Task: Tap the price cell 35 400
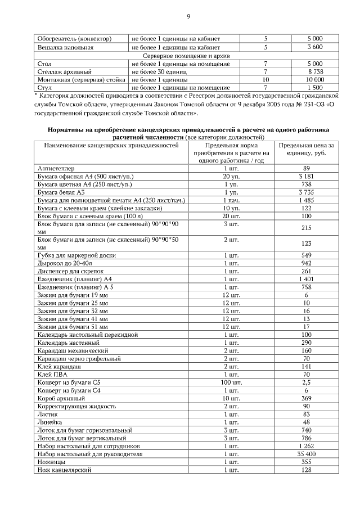[x=306, y=453]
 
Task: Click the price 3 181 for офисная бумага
[x=306, y=176]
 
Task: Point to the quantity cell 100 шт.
[x=231, y=382]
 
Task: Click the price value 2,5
[x=306, y=382]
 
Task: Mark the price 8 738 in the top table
[x=315, y=72]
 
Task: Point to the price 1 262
[x=306, y=445]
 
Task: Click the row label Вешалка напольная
[x=65, y=48]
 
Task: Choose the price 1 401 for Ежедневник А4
[x=306, y=279]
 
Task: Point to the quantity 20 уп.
[x=231, y=176]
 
